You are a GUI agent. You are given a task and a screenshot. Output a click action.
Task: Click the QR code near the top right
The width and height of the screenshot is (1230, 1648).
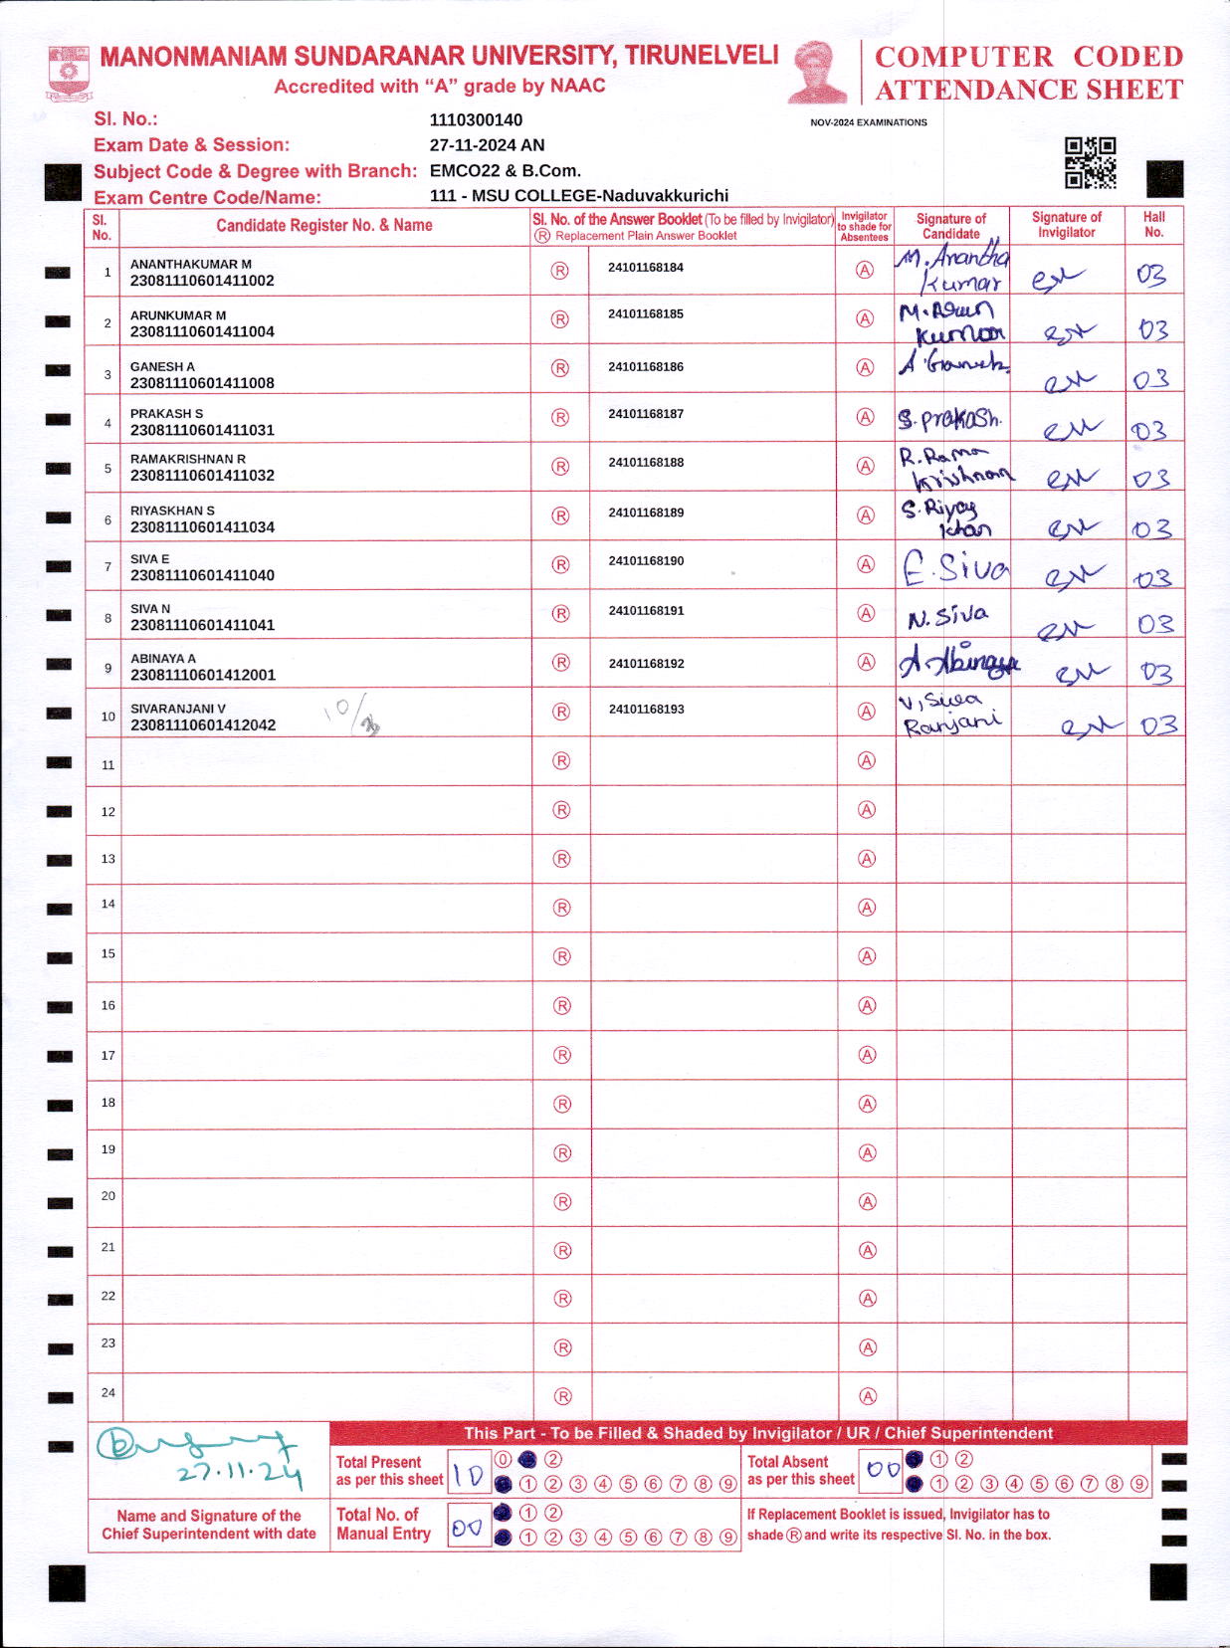(1091, 163)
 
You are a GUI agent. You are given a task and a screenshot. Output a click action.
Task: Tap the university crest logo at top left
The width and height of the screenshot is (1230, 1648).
(68, 73)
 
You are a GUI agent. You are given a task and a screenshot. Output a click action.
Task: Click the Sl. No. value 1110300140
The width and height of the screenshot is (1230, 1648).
(476, 120)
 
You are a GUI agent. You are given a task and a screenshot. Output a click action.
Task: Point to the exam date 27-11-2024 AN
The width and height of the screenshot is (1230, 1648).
(487, 145)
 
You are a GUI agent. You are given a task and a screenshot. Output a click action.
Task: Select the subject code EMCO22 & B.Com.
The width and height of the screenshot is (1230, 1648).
(505, 170)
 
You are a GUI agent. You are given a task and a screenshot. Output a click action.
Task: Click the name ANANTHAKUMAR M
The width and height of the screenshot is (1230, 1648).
(191, 264)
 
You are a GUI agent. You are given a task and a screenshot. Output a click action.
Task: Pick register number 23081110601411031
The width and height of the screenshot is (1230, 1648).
(202, 430)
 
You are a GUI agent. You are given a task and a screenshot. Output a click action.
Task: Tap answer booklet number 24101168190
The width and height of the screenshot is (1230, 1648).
(646, 561)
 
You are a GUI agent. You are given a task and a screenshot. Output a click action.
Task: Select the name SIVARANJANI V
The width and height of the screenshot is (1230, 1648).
(178, 709)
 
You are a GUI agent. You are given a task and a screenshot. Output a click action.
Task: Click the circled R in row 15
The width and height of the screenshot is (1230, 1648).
(562, 956)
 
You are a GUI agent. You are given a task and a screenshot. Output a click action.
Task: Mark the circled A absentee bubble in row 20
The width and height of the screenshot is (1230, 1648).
(867, 1202)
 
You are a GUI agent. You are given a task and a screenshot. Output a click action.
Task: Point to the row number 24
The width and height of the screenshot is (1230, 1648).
(107, 1392)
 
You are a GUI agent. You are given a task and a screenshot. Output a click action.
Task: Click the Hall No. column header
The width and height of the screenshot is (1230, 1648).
(1153, 224)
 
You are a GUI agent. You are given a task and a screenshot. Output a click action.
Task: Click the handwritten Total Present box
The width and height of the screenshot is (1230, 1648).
(469, 1475)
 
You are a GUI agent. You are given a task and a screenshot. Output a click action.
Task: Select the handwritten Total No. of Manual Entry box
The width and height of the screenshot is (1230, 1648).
(468, 1528)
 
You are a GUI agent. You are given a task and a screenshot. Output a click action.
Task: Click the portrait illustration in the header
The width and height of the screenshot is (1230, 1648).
(817, 72)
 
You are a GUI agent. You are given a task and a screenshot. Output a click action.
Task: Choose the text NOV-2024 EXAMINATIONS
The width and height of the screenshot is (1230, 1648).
(868, 122)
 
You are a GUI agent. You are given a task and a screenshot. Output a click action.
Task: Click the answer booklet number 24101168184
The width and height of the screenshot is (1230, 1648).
(646, 268)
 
